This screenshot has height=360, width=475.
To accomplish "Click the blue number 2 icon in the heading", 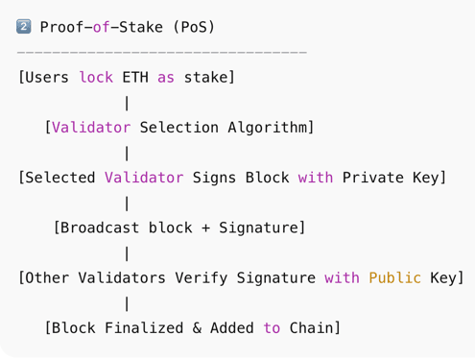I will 25,27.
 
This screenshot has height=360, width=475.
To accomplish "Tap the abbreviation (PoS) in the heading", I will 194,27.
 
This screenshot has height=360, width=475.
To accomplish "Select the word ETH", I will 135,77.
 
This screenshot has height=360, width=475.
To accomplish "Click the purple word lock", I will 96,77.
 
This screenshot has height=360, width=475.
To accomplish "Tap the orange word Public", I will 394,277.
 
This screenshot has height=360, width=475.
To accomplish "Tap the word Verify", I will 202,277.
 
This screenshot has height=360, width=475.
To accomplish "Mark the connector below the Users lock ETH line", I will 127,102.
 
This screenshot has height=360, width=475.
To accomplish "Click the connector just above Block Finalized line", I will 127,303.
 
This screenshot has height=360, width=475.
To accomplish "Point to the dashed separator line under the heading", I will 162,51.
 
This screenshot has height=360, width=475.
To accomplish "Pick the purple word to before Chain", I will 272,328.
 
